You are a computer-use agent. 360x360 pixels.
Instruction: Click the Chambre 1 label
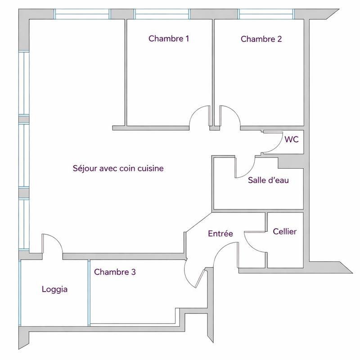click(168, 39)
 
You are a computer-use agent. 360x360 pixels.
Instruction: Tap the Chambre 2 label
click(261, 39)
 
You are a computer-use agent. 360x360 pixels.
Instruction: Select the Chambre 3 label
click(115, 272)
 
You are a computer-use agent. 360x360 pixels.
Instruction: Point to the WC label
click(291, 139)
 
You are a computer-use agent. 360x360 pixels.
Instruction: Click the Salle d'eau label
click(268, 181)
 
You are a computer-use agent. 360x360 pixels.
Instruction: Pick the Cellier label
click(285, 231)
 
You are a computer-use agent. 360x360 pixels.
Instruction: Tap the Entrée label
click(220, 234)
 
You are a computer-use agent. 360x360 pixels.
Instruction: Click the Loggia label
click(54, 289)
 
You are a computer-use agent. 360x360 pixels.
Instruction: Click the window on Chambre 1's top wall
click(162, 14)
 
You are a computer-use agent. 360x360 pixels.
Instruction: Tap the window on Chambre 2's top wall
click(266, 14)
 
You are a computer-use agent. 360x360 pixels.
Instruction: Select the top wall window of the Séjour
click(82, 14)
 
